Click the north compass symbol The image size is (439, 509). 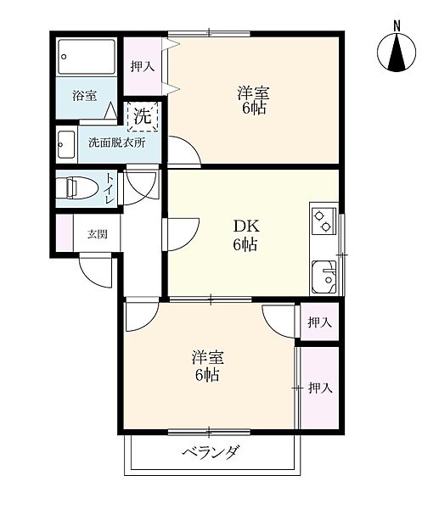pyautogui.click(x=397, y=52)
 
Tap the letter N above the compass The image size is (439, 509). pyautogui.click(x=397, y=26)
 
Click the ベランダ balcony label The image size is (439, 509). pyautogui.click(x=211, y=451)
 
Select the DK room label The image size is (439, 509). pyautogui.click(x=246, y=226)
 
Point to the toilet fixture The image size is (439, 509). pyautogui.click(x=77, y=188)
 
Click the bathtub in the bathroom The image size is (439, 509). pyautogui.click(x=87, y=57)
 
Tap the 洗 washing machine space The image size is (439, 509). pyautogui.click(x=143, y=116)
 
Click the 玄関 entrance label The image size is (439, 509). pyautogui.click(x=97, y=234)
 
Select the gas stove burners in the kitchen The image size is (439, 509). pyautogui.click(x=324, y=221)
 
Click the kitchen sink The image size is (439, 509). pyautogui.click(x=324, y=277)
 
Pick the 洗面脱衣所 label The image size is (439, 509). pyautogui.click(x=117, y=143)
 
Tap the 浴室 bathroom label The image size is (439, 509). pyautogui.click(x=84, y=96)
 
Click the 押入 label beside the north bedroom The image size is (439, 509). pyautogui.click(x=143, y=66)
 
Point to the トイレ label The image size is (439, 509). pyautogui.click(x=109, y=188)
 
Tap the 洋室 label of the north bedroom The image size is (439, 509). pyautogui.click(x=253, y=92)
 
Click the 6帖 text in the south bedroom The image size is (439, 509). pyautogui.click(x=207, y=375)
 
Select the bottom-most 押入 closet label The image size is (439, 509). pyautogui.click(x=320, y=388)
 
